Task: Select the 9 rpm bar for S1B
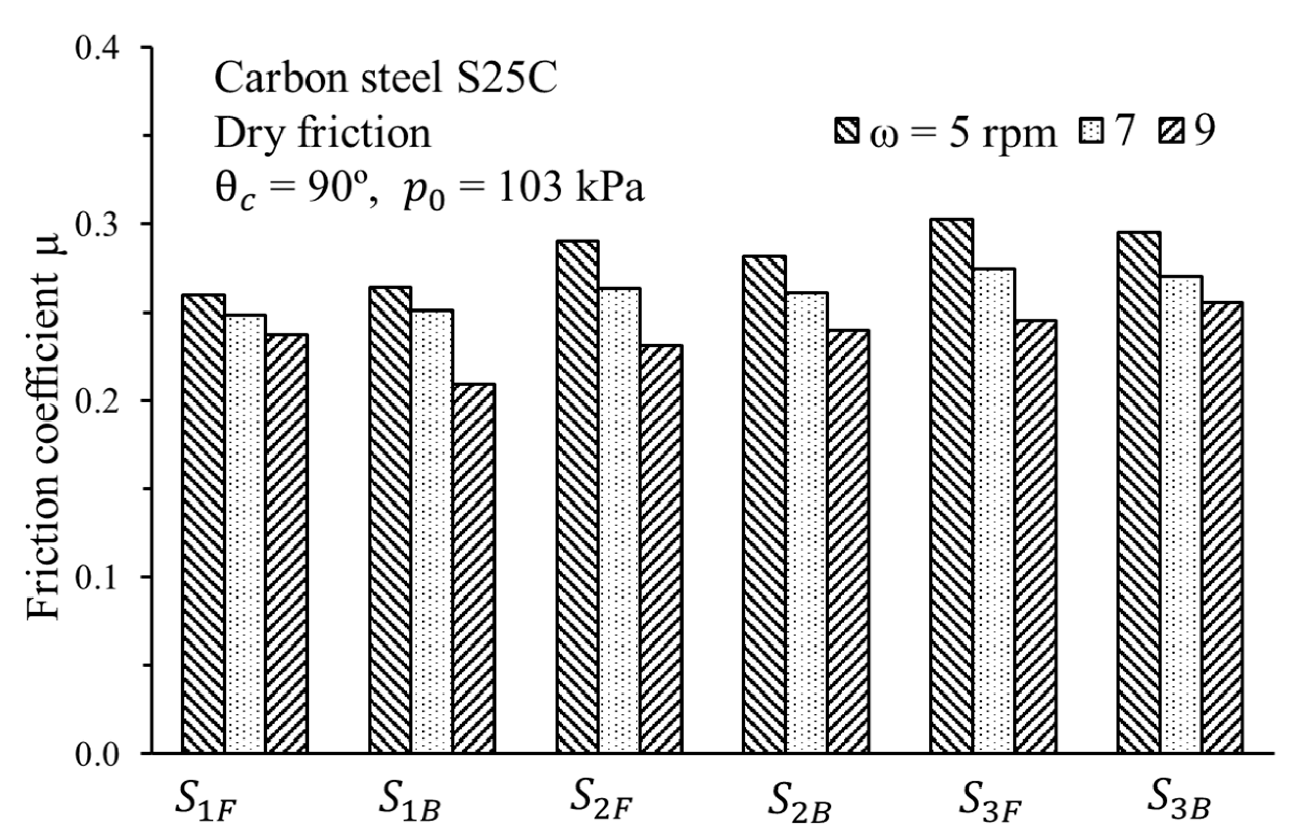(x=474, y=568)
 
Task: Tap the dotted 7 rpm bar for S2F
(x=620, y=520)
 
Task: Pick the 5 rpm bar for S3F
(x=951, y=485)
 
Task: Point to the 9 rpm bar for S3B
(x=1222, y=527)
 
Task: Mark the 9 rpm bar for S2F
(x=661, y=548)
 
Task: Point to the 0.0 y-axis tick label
(x=97, y=755)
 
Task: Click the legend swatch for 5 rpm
(x=846, y=132)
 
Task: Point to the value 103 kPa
(x=570, y=188)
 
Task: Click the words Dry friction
(x=322, y=133)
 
